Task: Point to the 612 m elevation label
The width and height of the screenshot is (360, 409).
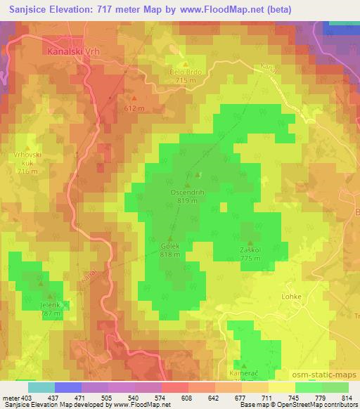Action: tap(134, 109)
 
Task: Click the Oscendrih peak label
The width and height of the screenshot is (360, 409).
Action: tap(186, 192)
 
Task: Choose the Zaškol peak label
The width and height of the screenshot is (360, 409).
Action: tap(250, 250)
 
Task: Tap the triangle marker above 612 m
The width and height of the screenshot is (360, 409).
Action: tap(134, 98)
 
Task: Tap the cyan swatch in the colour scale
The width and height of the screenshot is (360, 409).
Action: tap(41, 387)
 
